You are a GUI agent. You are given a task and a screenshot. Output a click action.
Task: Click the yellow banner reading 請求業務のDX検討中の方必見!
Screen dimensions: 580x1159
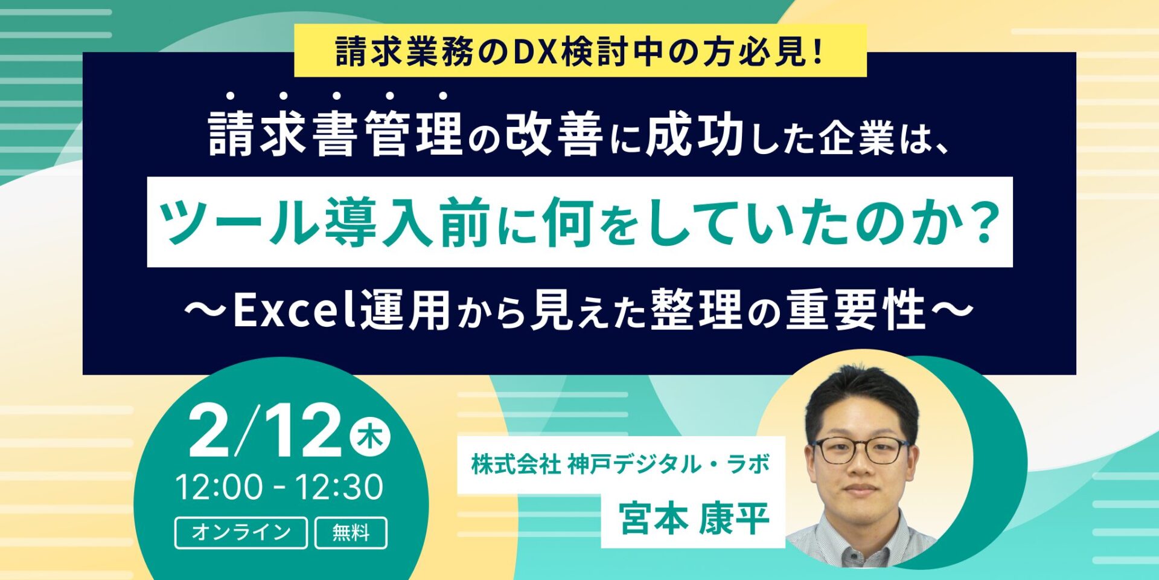point(579,52)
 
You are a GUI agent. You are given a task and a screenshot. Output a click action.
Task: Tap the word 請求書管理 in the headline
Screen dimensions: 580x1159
point(336,134)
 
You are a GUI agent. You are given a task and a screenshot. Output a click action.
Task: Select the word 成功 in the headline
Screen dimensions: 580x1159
point(694,134)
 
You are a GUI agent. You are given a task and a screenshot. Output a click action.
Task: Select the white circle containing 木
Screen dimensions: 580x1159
point(370,437)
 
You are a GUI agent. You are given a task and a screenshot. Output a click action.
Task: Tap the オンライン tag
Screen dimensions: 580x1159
point(241,532)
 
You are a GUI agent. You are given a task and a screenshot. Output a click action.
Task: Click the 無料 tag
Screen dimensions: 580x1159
point(351,532)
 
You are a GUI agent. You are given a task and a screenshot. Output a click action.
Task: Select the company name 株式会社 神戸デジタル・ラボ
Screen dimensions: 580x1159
point(621,465)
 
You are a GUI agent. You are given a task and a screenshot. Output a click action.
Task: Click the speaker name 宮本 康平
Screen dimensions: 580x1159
point(693,518)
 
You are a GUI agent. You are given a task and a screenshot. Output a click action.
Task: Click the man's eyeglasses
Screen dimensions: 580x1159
point(860,450)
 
